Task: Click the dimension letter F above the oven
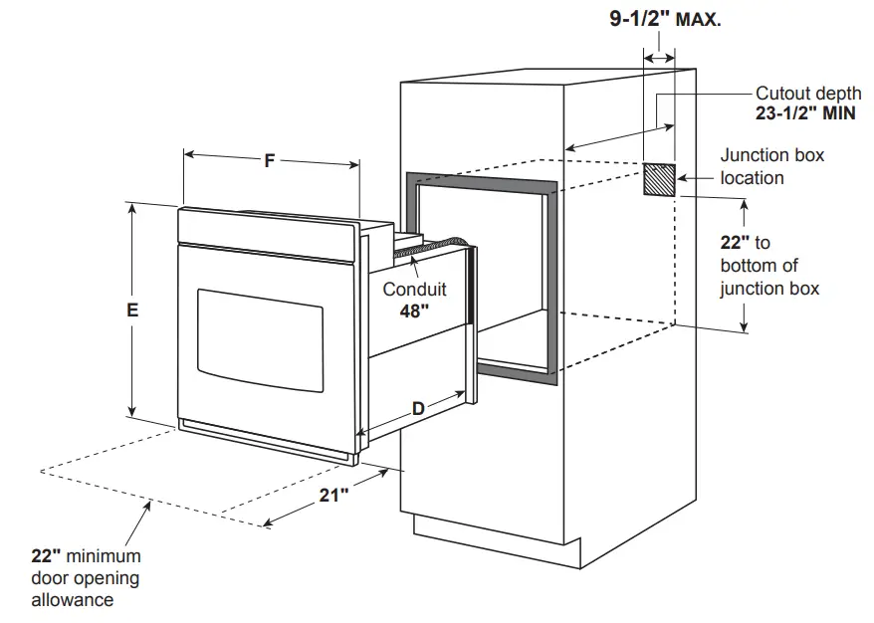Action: (x=270, y=160)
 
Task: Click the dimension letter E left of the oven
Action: (x=131, y=310)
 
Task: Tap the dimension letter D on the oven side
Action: (x=418, y=407)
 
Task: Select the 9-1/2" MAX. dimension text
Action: (x=665, y=19)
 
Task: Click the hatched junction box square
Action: (x=659, y=180)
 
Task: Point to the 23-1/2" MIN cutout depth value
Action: (x=805, y=113)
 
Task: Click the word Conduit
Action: (x=415, y=290)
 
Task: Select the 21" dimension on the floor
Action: (x=333, y=495)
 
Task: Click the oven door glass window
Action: (x=260, y=338)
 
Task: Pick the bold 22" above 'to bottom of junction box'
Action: (x=733, y=242)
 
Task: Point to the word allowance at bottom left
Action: (x=72, y=600)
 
